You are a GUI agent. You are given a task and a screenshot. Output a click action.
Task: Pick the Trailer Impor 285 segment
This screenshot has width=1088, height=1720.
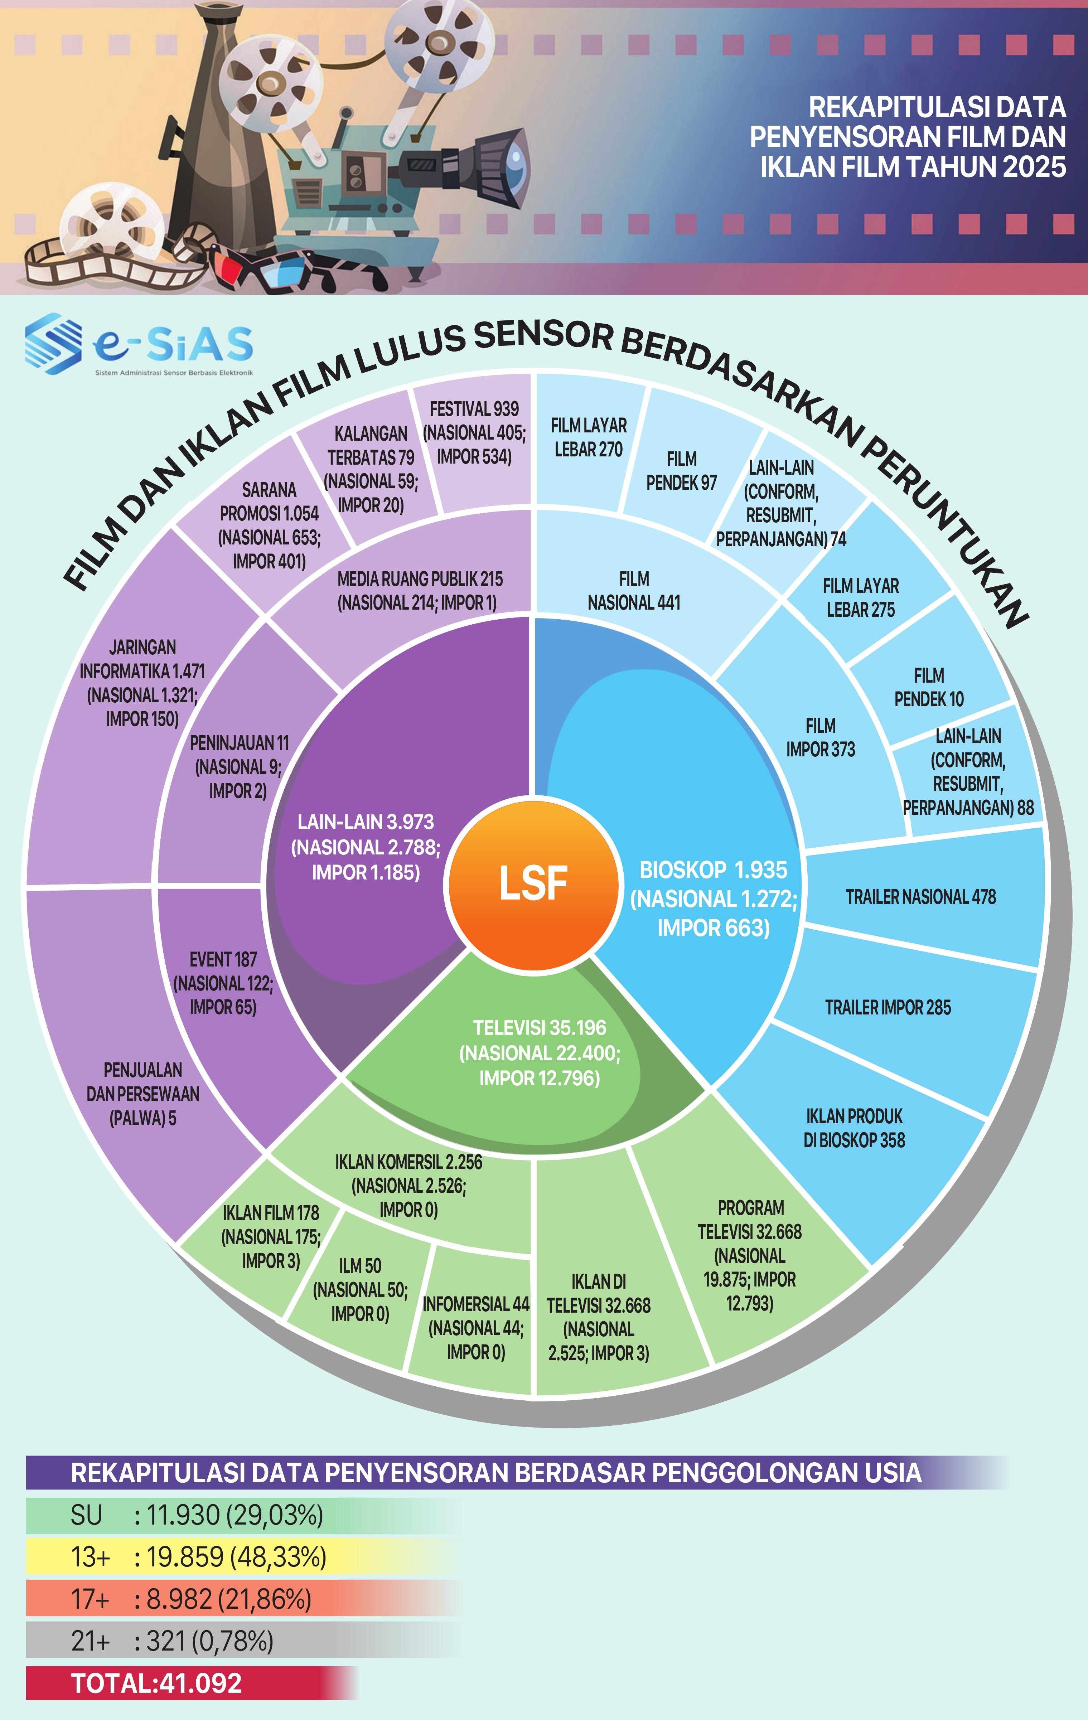pos(888,1008)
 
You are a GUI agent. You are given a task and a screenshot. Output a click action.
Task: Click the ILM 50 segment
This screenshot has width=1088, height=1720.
pos(360,1290)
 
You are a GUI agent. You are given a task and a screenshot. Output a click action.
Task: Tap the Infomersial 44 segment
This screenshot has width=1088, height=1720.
pos(475,1329)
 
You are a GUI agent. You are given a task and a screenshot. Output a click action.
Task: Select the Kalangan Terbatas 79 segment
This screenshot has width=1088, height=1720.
pos(371,469)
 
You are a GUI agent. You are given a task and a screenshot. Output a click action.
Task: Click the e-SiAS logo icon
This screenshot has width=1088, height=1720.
pos(52,344)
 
